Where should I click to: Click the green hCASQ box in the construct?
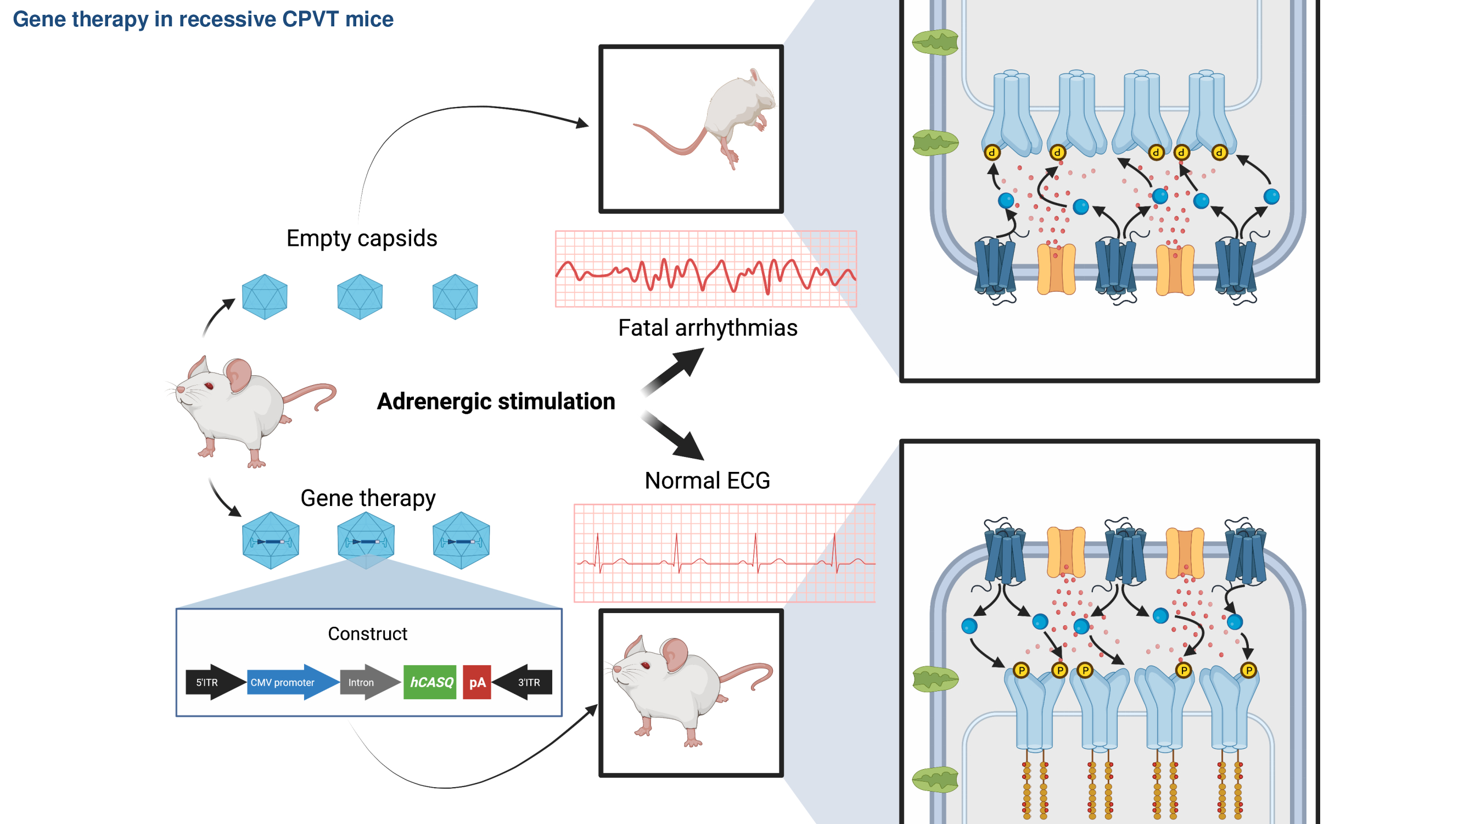430,682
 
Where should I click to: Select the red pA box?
477,682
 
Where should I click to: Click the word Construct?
367,633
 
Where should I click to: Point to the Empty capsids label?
361,238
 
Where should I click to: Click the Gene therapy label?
368,498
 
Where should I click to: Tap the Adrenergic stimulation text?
496,401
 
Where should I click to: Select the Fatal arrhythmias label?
708,327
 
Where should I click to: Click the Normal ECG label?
707,481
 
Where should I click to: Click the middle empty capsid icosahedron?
360,296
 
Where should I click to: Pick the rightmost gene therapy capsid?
461,540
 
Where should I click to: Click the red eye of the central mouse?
209,386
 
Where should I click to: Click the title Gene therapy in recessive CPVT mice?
203,19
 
